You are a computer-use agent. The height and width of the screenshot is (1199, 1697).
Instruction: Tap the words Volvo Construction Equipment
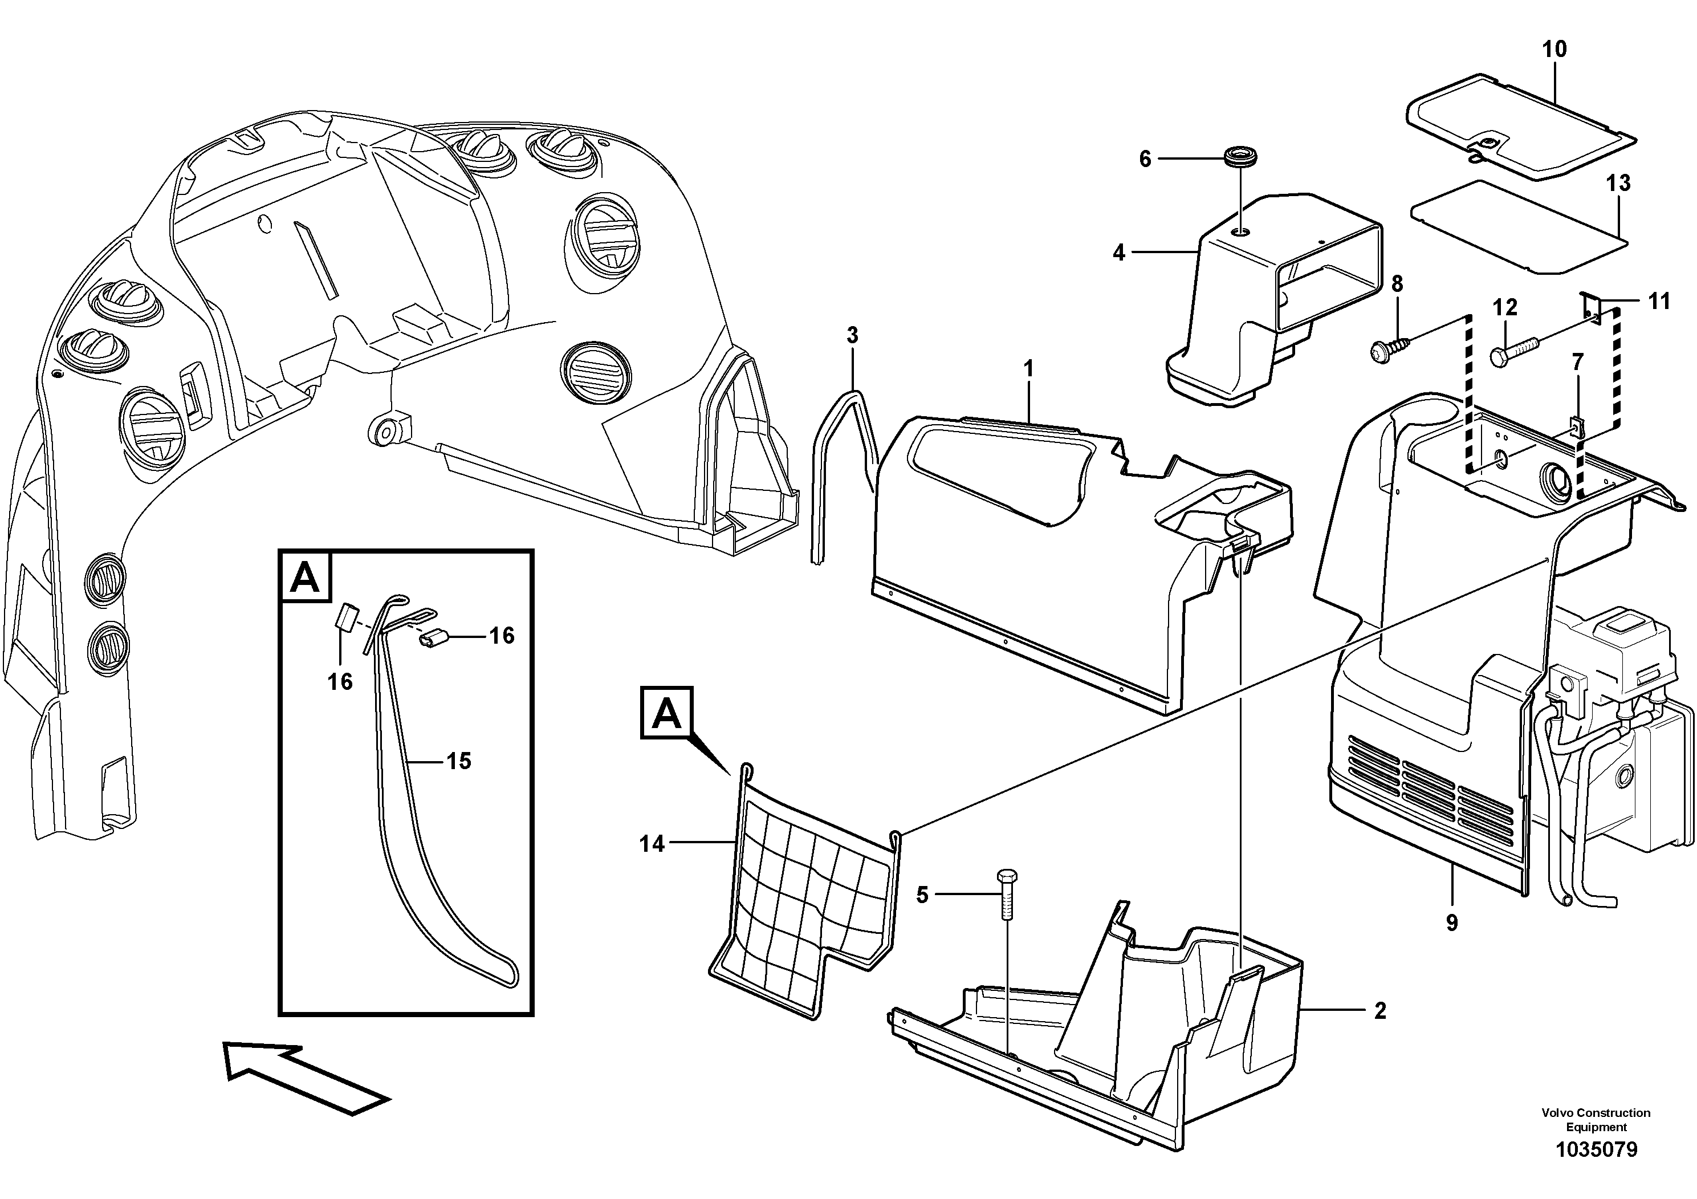1596,1119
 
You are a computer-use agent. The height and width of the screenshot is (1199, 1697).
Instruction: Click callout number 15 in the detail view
458,761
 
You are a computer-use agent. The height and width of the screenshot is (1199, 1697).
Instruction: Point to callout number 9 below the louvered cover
1452,922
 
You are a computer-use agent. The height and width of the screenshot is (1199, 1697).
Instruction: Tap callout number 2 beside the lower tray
1380,1011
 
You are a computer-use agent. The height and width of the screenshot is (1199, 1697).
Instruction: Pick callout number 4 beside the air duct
1119,253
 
